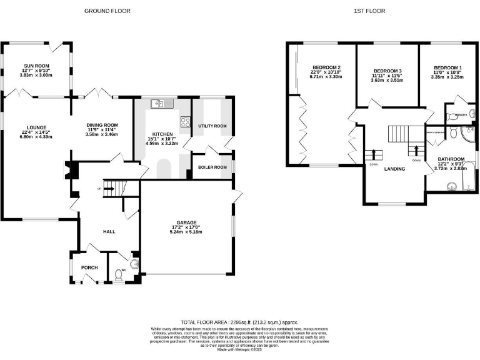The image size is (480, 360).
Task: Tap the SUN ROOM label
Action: [37, 66]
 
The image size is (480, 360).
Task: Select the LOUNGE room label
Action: [36, 127]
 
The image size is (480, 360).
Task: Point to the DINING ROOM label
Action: [102, 125]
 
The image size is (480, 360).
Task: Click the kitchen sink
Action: [164, 104]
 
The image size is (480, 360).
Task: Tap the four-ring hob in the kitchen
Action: [186, 122]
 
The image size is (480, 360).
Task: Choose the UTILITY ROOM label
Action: [212, 126]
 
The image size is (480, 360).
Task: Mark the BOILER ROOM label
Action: [212, 167]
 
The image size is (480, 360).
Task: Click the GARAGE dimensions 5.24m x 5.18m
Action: [186, 232]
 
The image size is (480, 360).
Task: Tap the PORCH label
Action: [89, 267]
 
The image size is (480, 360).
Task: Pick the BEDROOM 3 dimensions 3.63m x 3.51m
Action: [386, 80]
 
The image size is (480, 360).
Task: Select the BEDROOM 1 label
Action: [447, 67]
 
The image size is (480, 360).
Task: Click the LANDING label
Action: [394, 169]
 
